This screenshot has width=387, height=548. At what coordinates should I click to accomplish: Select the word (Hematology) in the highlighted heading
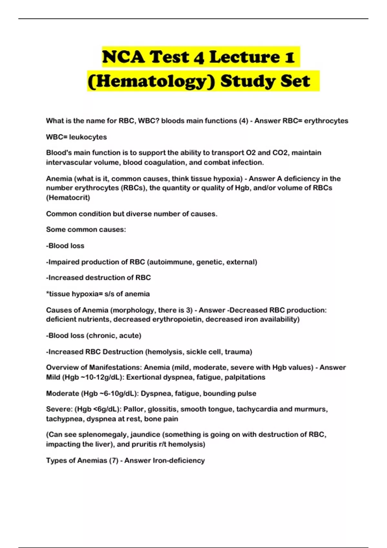coord(151,81)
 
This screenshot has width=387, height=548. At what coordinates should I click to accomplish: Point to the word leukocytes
coord(88,137)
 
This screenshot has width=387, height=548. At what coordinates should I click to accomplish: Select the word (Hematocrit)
coord(68,198)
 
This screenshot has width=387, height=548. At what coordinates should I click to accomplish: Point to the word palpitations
coord(245,377)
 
